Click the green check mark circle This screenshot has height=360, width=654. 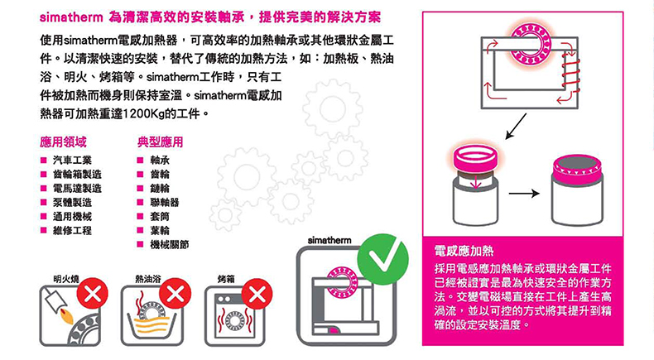(x=382, y=260)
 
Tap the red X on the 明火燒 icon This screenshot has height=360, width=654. (x=92, y=294)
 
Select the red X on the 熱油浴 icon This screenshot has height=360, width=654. (x=176, y=294)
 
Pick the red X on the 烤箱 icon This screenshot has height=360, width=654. (x=257, y=294)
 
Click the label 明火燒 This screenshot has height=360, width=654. (x=66, y=279)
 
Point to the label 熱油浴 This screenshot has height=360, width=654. (x=147, y=279)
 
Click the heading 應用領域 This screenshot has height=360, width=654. (x=63, y=142)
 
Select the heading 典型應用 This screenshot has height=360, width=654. (x=160, y=142)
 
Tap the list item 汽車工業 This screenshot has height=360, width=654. (x=72, y=161)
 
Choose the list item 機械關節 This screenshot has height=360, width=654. (x=170, y=244)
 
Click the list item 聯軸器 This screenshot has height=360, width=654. (x=165, y=202)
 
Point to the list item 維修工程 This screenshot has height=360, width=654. (x=72, y=230)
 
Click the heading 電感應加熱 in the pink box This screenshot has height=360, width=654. (x=464, y=251)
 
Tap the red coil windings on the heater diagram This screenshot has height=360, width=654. (x=570, y=75)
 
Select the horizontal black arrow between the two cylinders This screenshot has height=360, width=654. (x=524, y=193)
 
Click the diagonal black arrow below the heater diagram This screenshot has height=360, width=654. (x=516, y=126)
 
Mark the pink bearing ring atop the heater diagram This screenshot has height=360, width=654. (x=531, y=44)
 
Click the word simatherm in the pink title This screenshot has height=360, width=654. (x=71, y=17)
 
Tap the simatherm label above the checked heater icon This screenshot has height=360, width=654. (x=329, y=240)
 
